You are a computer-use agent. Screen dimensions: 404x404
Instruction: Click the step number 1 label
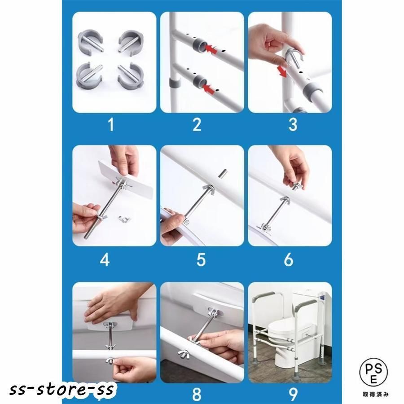[111, 124]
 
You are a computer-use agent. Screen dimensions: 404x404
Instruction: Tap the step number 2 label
[197, 124]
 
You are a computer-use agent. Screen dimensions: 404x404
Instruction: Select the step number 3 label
[293, 124]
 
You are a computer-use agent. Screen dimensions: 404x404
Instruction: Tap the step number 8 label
[197, 394]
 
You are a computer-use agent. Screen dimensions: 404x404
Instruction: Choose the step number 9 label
[293, 394]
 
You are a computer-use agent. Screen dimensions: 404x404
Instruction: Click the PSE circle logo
[373, 373]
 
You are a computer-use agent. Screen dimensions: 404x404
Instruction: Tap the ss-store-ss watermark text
[61, 389]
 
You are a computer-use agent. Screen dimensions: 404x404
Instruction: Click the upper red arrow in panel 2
[211, 49]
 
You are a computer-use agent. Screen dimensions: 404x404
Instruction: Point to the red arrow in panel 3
[282, 71]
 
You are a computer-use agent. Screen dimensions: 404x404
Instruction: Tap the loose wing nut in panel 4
[124, 219]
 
